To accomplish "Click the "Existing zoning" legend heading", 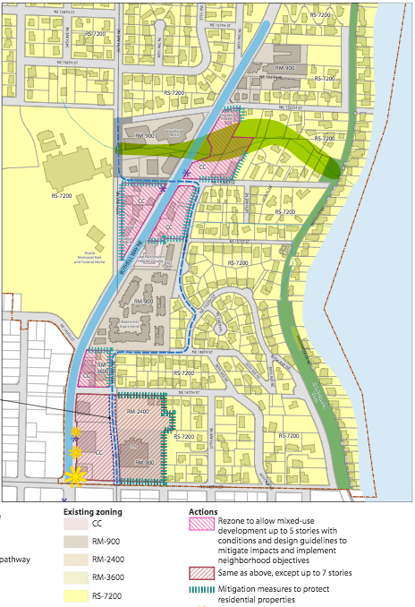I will (92, 512).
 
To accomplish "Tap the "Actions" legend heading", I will (207, 512).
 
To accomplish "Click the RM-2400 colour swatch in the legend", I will (78, 559).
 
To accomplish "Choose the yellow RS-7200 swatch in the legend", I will (78, 594).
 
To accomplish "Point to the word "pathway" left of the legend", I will (15, 560).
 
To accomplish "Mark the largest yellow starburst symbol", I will (79, 474).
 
